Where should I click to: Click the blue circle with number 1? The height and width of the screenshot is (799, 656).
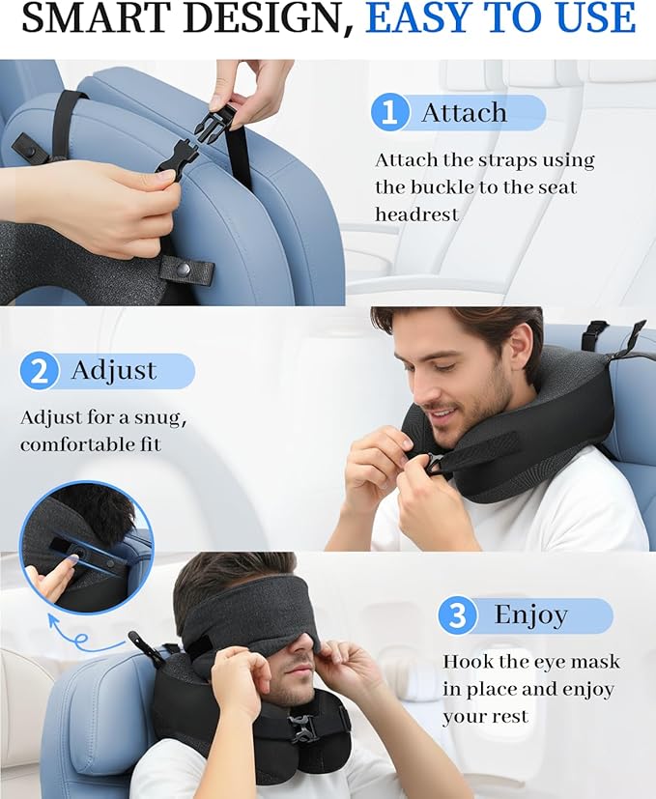tap(389, 113)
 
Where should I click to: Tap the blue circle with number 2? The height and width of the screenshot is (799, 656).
tap(39, 371)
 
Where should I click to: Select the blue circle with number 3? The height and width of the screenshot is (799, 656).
tap(456, 615)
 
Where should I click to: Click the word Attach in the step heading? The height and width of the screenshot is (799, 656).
tap(464, 113)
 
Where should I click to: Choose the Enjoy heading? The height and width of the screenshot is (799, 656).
tap(530, 615)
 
